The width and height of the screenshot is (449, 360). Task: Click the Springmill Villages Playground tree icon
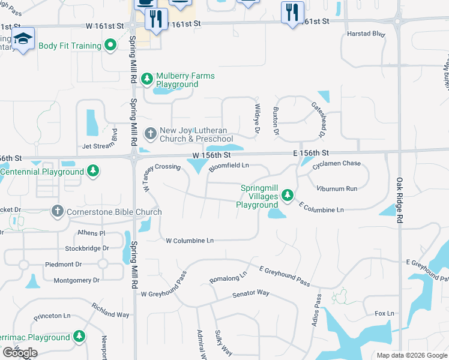(288, 194)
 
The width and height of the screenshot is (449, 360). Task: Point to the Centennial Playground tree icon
(93, 172)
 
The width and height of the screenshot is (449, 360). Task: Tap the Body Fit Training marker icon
(110, 45)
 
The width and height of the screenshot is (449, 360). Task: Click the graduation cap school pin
(23, 40)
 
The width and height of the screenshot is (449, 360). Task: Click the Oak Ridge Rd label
(399, 201)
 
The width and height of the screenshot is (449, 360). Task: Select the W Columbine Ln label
(190, 241)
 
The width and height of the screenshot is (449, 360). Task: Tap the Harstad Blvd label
(366, 34)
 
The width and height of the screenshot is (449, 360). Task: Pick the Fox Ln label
(384, 313)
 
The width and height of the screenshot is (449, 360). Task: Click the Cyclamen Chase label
(340, 164)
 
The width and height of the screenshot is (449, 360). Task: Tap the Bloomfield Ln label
(229, 167)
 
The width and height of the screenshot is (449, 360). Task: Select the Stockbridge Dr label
(88, 248)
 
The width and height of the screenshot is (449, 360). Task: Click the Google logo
(20, 352)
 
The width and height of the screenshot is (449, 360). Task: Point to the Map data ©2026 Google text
(411, 355)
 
